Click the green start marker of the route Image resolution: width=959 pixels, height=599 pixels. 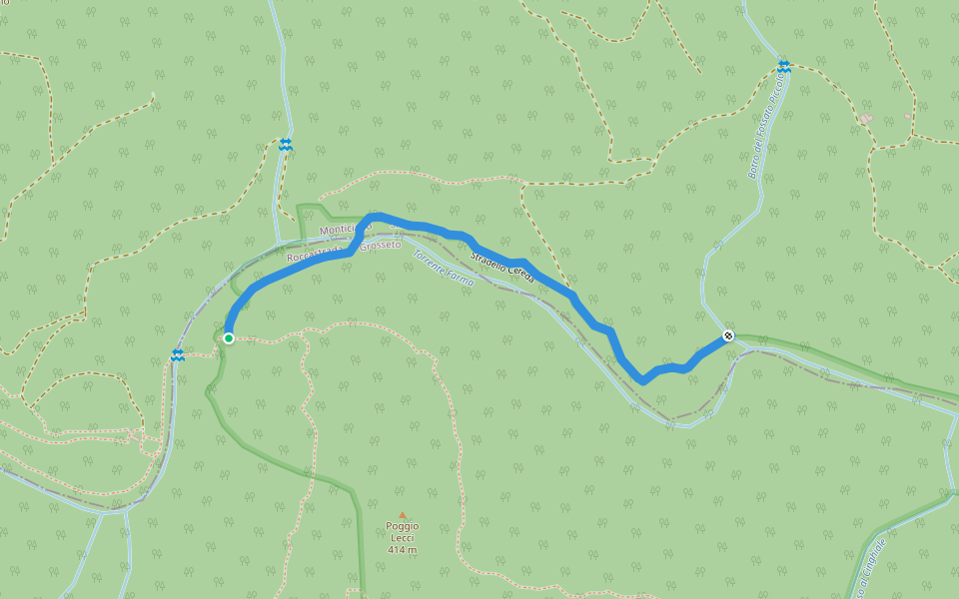pos(229,338)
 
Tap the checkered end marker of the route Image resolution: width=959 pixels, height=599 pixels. pos(728,335)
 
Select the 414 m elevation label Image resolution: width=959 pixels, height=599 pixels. pos(403,550)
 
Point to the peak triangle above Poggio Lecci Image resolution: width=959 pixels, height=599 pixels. pos(403,516)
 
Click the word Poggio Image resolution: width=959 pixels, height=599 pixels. pos(403,526)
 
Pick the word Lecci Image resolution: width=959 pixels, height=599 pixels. pos(403,538)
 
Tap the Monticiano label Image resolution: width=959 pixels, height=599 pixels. pos(345,230)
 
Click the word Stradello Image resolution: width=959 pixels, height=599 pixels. pos(488,259)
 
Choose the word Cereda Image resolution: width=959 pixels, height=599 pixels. pos(521,274)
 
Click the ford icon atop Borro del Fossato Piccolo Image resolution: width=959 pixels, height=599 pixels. pos(784,67)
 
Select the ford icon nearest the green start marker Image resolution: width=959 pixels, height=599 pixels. pos(177,355)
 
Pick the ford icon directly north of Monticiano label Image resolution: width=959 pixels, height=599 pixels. pos(286,145)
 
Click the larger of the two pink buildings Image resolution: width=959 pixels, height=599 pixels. pos(865,119)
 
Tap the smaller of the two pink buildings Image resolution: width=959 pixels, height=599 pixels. pos(907,116)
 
